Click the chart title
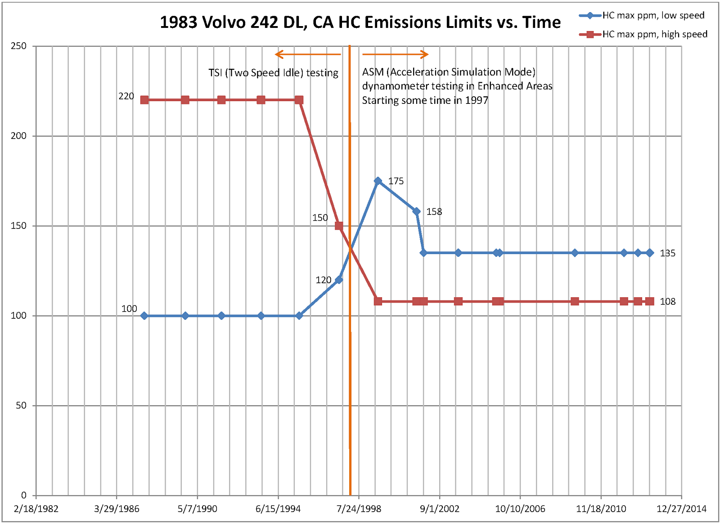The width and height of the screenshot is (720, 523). tap(360, 22)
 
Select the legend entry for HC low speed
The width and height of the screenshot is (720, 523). tap(653, 15)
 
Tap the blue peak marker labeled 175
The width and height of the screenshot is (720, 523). tap(378, 181)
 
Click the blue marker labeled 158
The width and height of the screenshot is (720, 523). tap(417, 211)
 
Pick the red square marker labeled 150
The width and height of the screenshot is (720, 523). tap(339, 226)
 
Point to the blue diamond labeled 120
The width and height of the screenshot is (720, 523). tap(339, 280)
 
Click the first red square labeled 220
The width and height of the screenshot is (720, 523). tap(144, 100)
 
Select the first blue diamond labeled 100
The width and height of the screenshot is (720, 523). tap(144, 316)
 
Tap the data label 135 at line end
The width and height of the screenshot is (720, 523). tap(667, 253)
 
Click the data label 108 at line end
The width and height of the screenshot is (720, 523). tap(667, 301)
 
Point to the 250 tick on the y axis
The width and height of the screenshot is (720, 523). tap(18, 46)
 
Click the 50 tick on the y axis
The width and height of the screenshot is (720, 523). tap(21, 405)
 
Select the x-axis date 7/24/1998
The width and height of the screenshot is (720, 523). tap(359, 509)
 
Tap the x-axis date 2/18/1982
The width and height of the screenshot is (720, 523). tap(36, 509)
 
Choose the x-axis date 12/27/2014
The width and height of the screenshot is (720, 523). tap(681, 509)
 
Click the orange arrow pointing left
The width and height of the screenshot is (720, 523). tap(308, 54)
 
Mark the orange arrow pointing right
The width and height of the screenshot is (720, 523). tap(395, 54)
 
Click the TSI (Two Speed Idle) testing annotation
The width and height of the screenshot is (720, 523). tap(273, 73)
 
